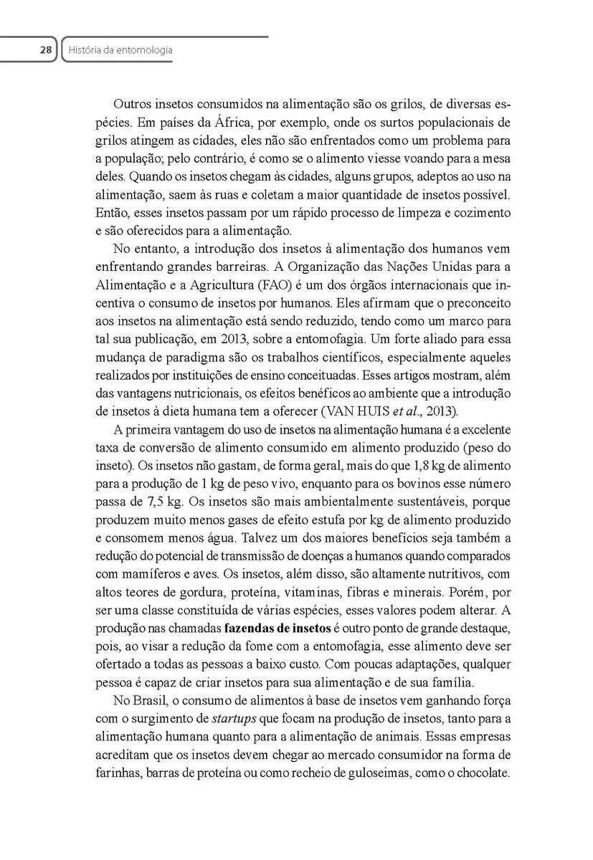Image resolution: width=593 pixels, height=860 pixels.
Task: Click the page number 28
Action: [x=45, y=50]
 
